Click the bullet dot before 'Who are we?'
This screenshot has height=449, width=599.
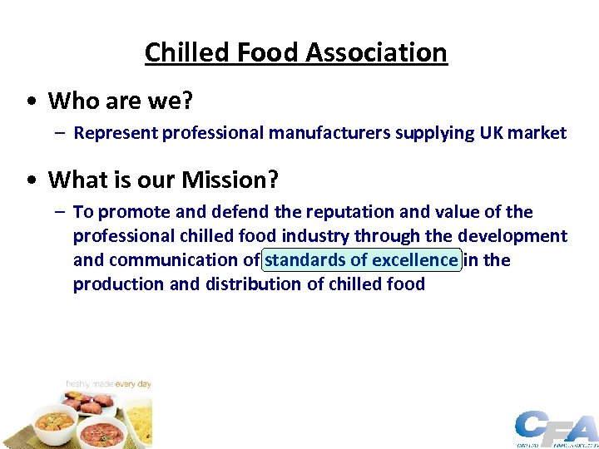pos(29,101)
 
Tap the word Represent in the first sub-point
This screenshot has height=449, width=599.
pos(116,133)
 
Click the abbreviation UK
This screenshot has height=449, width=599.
pos(489,133)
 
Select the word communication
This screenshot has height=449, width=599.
pos(176,260)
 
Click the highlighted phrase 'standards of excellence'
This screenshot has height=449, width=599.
pos(361,260)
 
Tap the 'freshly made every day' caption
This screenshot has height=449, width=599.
pos(108,385)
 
